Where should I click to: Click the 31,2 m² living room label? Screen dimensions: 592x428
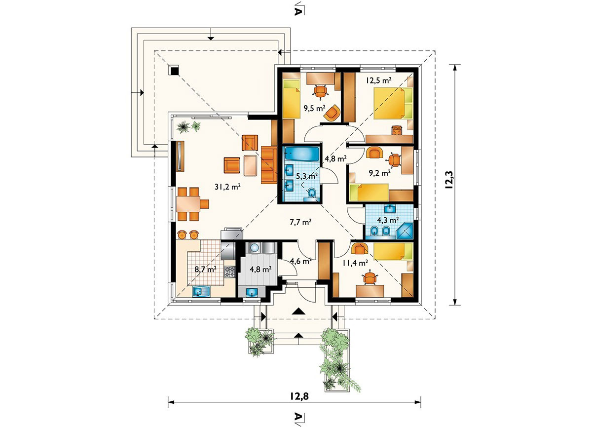(227, 187)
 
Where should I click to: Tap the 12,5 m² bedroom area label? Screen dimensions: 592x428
(378, 80)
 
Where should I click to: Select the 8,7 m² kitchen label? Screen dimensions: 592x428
(205, 270)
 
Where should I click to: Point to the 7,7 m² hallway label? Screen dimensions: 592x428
(300, 222)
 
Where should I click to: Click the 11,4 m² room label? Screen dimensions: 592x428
(356, 263)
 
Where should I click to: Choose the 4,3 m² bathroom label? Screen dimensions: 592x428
(388, 220)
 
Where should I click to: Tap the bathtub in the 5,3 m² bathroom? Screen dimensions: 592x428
(302, 154)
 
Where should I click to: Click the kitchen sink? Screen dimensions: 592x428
(201, 292)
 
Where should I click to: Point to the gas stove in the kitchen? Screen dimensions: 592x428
(230, 272)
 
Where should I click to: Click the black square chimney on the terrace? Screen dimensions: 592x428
(174, 71)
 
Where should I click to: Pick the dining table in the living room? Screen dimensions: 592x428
(188, 204)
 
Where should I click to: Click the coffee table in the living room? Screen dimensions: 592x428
(251, 165)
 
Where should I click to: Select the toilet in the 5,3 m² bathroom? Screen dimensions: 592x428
(312, 194)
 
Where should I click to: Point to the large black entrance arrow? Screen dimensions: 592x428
(299, 311)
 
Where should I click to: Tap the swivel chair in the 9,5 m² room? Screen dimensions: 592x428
(320, 91)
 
